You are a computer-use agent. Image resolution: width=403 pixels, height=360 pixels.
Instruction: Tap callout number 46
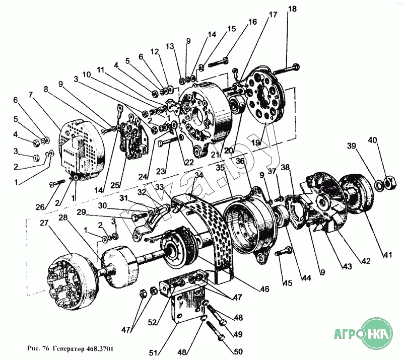pyautogui.click(x=264, y=290)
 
